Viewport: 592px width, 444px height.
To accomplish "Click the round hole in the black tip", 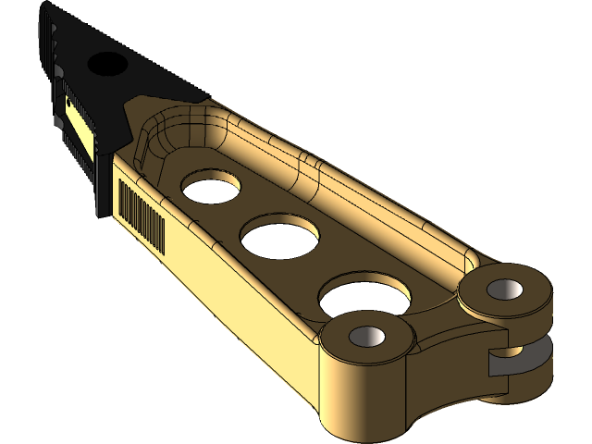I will pyautogui.click(x=108, y=64).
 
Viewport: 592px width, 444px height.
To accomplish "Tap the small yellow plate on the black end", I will pyautogui.click(x=79, y=125).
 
